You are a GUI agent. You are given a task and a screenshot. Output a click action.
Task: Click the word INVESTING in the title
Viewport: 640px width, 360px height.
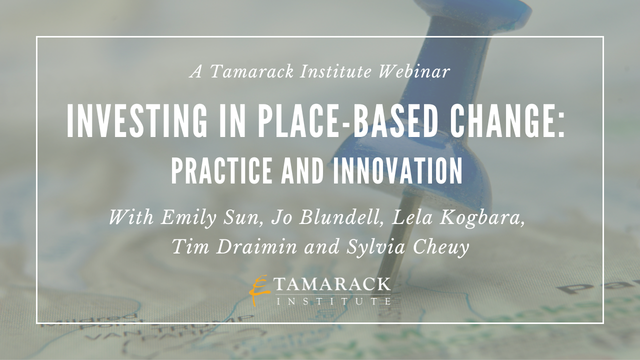137,121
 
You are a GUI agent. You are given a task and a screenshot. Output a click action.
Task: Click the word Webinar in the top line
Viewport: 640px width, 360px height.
414,71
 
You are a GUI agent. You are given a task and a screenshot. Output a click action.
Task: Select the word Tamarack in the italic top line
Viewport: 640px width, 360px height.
251,71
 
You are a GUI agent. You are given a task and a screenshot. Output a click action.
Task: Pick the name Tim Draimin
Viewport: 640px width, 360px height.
234,246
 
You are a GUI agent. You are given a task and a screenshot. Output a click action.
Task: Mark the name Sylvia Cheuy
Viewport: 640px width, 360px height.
408,247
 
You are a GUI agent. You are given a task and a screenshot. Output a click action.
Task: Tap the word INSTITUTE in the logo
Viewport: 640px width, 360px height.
333,301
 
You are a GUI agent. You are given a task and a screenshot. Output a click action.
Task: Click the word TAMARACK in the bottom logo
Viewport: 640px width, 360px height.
333,284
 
